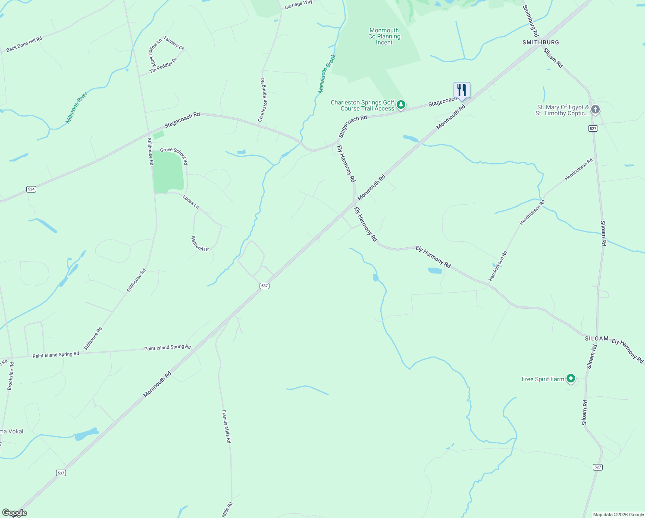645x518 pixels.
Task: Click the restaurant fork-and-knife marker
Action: (x=461, y=90)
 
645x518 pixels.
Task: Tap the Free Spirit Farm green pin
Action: (x=571, y=379)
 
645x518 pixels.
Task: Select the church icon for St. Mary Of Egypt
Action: (x=595, y=109)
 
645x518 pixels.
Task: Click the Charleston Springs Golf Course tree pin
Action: (x=401, y=104)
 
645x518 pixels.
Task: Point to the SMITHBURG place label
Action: (x=541, y=42)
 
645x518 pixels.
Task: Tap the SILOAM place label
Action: (x=597, y=339)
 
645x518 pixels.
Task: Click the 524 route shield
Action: (x=31, y=189)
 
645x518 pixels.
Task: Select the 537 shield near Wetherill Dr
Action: (x=264, y=286)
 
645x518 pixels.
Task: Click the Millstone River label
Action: (x=77, y=107)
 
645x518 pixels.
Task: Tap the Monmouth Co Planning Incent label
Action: (x=384, y=36)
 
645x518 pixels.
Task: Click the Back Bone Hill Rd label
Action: (x=24, y=44)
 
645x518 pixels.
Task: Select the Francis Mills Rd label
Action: (x=226, y=426)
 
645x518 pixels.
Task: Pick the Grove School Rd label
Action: (x=174, y=155)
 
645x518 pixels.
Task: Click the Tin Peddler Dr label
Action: (x=163, y=66)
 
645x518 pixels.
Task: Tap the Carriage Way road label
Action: (x=298, y=5)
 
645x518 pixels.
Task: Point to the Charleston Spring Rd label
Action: (x=263, y=100)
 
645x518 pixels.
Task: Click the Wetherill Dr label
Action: (x=200, y=243)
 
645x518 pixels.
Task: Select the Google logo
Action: (x=14, y=513)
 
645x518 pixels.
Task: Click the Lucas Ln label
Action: (x=191, y=202)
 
